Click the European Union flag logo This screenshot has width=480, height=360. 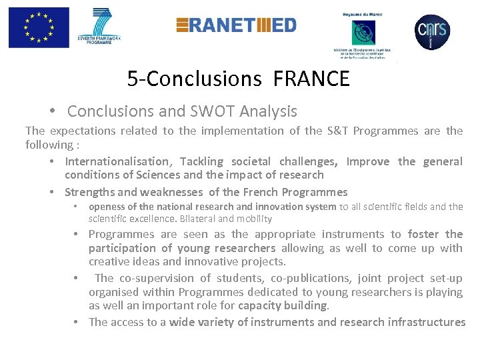tap(39, 27)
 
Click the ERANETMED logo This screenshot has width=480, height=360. tap(236, 25)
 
